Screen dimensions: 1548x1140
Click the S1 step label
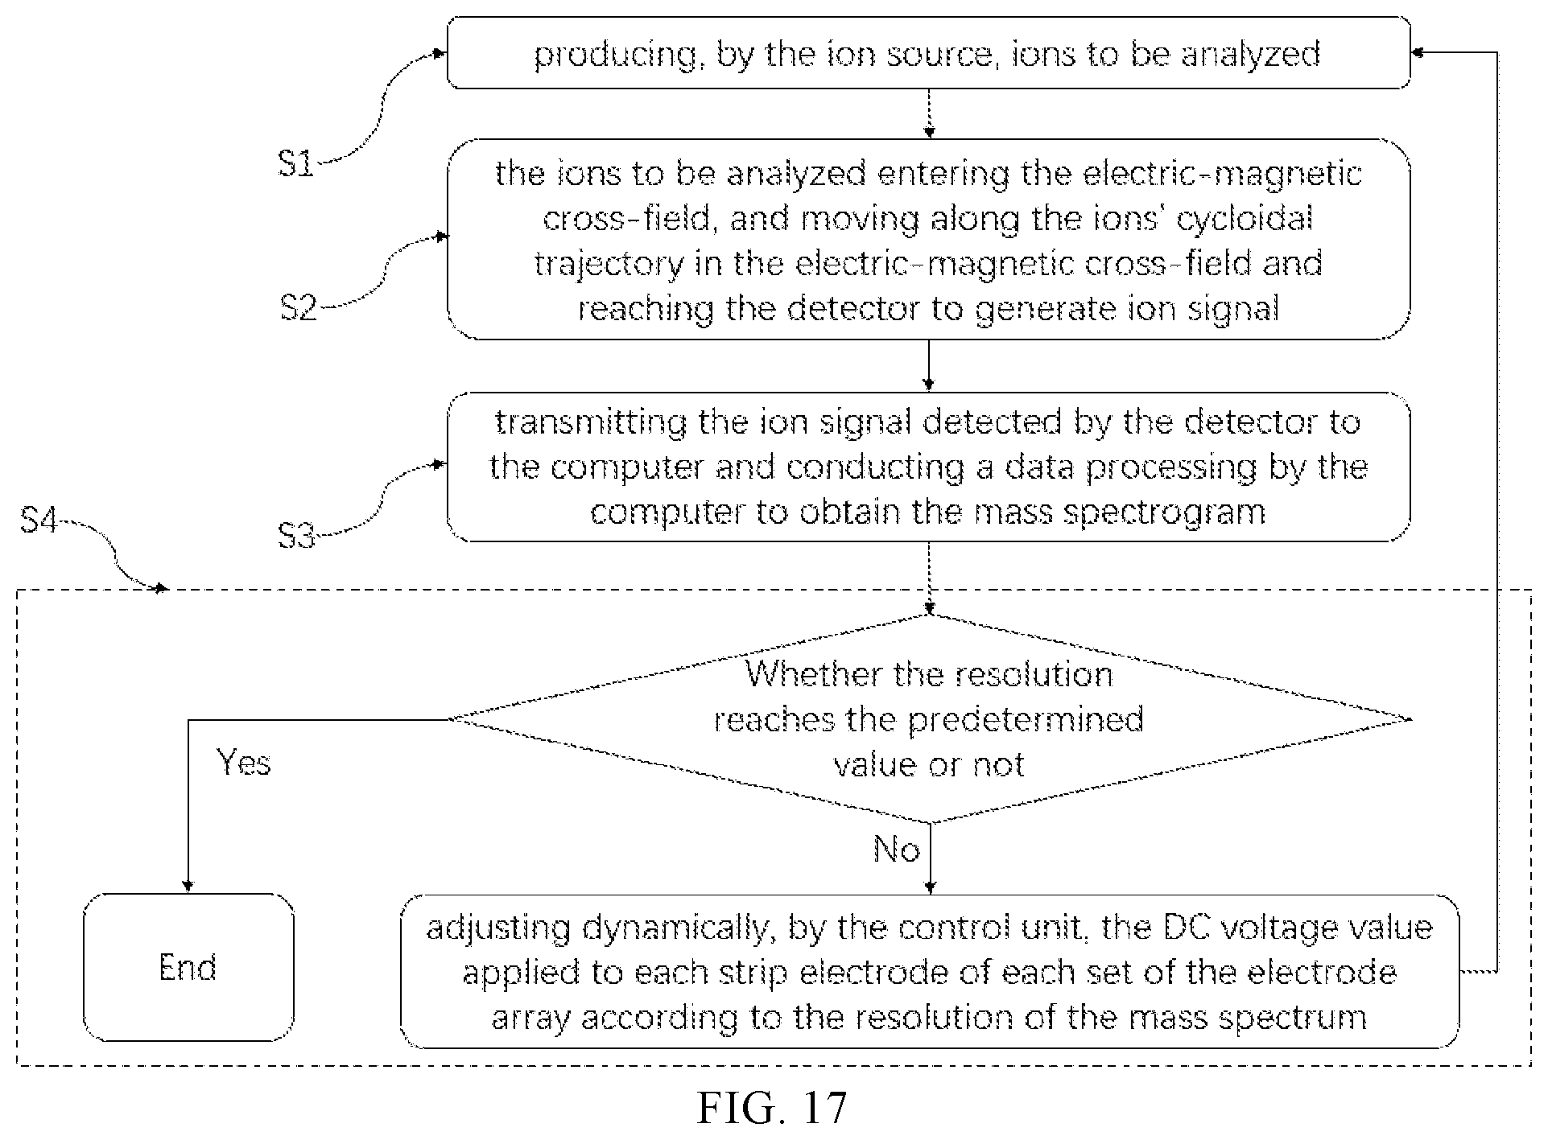(296, 164)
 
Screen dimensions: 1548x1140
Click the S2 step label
(299, 307)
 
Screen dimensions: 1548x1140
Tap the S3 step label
(297, 535)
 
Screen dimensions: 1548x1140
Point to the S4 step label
(39, 521)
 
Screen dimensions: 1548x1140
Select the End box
(188, 967)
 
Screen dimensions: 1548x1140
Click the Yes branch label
(244, 762)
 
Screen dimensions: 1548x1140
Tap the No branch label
(896, 850)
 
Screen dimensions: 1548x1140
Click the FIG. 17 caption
(772, 1108)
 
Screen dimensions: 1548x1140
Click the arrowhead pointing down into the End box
(188, 886)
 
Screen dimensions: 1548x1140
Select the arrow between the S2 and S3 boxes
(929, 365)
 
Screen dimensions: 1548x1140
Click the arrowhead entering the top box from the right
(1419, 53)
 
